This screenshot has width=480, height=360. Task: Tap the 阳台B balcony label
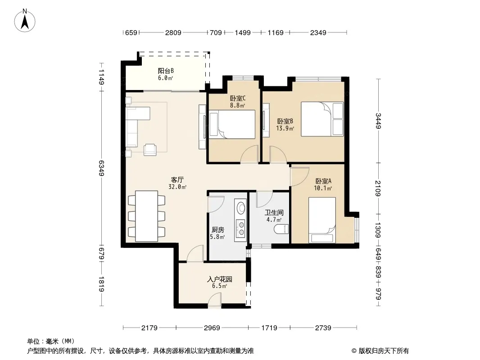click(166, 71)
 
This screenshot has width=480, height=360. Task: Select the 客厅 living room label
click(177, 180)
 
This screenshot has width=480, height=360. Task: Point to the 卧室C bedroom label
click(238, 99)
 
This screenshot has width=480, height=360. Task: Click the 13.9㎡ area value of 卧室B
click(285, 128)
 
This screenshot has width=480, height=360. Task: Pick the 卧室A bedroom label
click(323, 181)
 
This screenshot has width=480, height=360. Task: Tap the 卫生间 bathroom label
click(274, 212)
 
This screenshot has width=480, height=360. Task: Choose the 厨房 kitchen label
click(217, 229)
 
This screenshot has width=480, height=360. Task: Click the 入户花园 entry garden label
click(219, 279)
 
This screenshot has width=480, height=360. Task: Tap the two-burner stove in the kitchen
click(240, 229)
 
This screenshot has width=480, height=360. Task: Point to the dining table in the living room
click(147, 216)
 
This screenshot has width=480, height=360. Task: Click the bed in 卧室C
click(232, 125)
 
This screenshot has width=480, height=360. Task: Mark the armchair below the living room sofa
click(150, 149)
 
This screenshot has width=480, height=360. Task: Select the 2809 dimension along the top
click(173, 32)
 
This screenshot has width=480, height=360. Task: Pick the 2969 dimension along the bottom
click(212, 328)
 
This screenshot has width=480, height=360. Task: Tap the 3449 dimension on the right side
click(378, 121)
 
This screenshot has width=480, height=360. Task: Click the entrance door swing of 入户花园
click(215, 299)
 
